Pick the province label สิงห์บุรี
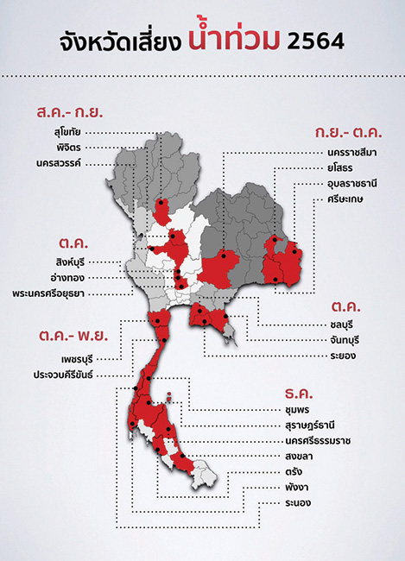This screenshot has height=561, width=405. click(x=68, y=262)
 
